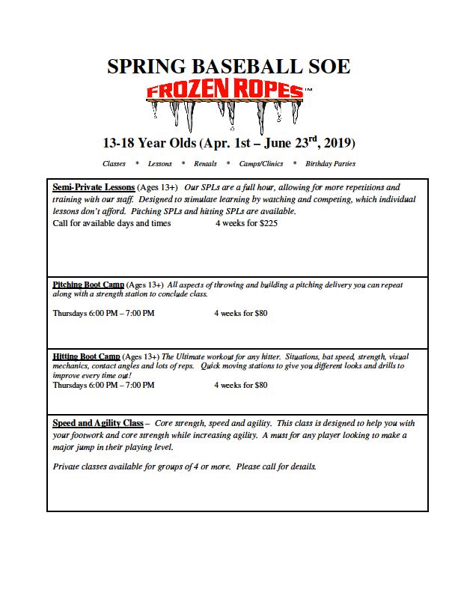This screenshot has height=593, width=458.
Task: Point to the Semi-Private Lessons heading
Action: (94, 187)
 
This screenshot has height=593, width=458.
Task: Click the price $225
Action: (267, 223)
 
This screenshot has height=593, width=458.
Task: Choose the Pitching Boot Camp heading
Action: (88, 285)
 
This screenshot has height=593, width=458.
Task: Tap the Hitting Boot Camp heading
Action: (86, 356)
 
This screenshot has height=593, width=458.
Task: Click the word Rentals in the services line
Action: (205, 163)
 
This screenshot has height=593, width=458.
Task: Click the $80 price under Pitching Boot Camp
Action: (260, 313)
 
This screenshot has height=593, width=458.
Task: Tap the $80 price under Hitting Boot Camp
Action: (260, 385)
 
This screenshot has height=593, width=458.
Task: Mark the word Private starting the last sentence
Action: (66, 466)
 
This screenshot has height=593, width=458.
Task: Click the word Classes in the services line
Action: (114, 163)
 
